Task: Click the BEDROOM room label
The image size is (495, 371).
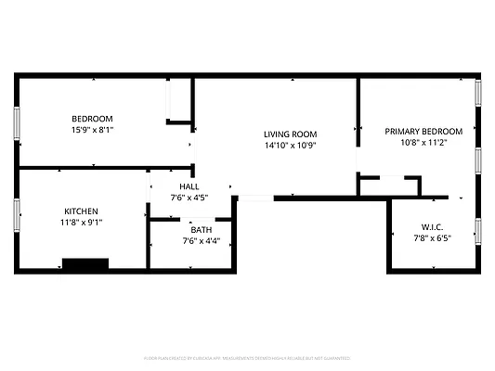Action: (93, 119)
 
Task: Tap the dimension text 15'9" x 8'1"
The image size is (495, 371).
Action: (93, 131)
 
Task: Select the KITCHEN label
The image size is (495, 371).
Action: (81, 211)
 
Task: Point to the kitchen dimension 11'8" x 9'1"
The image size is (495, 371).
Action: (81, 223)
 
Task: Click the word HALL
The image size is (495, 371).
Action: (189, 186)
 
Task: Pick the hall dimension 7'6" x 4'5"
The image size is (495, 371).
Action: (189, 198)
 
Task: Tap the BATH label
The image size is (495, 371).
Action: (202, 230)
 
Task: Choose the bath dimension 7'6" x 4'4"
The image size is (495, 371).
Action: (202, 241)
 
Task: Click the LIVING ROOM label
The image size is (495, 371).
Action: (291, 134)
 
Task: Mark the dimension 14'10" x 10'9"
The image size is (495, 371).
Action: (291, 146)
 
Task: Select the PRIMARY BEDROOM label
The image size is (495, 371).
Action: (423, 132)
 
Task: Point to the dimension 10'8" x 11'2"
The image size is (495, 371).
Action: (423, 143)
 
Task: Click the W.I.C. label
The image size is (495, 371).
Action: (432, 226)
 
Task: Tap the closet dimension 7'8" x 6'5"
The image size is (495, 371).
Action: (432, 238)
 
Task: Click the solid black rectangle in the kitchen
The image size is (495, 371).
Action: (85, 263)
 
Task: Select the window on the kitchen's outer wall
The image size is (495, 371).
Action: (16, 213)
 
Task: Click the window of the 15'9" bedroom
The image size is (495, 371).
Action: (16, 122)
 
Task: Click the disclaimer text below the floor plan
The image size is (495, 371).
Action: (247, 357)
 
